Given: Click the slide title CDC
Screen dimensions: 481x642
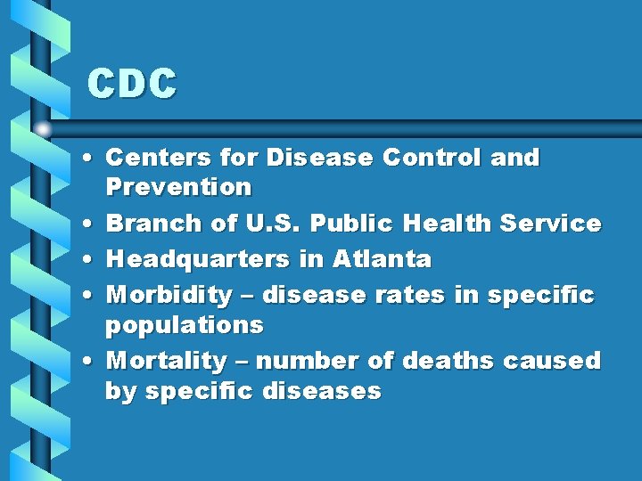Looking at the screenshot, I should [132, 85].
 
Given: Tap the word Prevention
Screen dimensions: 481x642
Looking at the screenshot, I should [178, 187].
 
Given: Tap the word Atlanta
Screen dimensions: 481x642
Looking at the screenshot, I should [382, 260].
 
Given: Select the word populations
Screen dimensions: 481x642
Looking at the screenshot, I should [185, 325].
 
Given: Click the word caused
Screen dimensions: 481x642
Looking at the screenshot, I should [552, 361].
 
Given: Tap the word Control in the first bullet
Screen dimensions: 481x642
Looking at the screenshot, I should [435, 158].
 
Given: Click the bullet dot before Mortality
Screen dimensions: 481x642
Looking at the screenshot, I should [92, 362].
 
